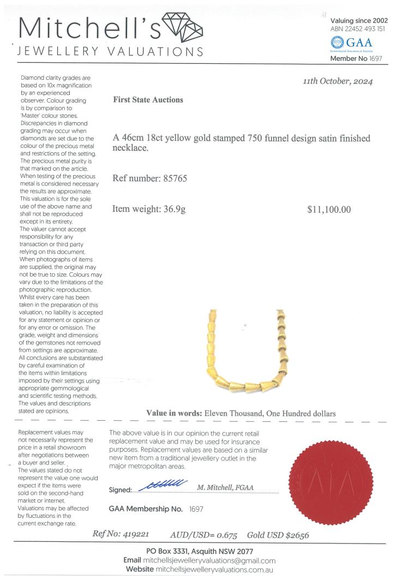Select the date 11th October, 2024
tap(338, 81)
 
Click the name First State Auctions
tap(148, 100)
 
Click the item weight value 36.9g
tap(173, 209)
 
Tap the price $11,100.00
tap(329, 210)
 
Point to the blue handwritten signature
tap(164, 485)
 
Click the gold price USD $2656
tap(291, 535)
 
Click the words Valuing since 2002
tap(359, 20)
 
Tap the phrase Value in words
tap(174, 413)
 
